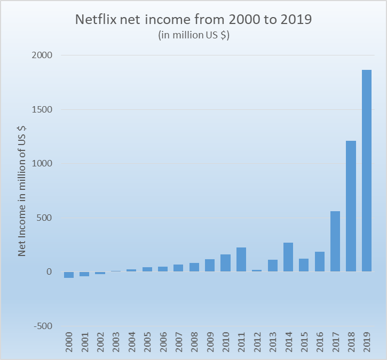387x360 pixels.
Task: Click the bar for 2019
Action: [367, 171]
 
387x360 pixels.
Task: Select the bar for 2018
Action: [351, 206]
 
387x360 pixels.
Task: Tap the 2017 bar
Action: [335, 242]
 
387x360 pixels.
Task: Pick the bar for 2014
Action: [288, 257]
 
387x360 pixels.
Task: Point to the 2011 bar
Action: [241, 260]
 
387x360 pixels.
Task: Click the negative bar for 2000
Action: [69, 275]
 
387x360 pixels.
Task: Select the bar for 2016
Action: [320, 262]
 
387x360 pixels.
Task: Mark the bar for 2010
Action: [225, 263]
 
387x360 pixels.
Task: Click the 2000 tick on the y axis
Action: [41, 55]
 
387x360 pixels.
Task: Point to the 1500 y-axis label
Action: [41, 110]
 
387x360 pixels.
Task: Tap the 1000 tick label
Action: [41, 164]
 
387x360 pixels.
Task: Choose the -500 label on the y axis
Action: [41, 326]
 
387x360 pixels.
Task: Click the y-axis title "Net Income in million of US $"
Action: [22, 191]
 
